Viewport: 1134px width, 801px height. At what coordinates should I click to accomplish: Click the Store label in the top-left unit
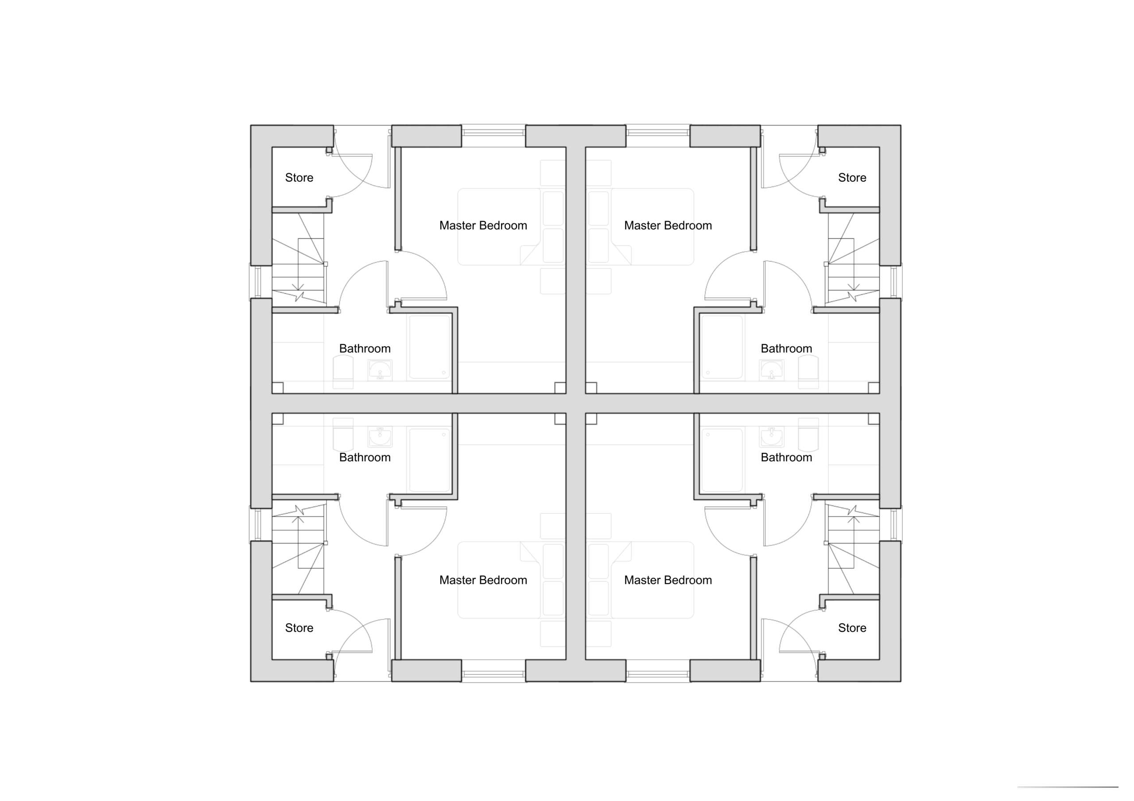click(x=299, y=178)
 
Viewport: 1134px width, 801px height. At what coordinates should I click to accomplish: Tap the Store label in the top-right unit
click(x=852, y=178)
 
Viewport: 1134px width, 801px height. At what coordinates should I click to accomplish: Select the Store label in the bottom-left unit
click(x=299, y=628)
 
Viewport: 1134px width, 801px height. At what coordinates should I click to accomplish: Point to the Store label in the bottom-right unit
click(x=852, y=628)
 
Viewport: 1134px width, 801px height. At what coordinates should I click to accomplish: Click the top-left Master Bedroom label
click(x=483, y=226)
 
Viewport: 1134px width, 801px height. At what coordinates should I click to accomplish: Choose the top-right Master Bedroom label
click(x=668, y=226)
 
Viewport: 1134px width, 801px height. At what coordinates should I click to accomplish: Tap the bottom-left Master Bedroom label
click(x=483, y=580)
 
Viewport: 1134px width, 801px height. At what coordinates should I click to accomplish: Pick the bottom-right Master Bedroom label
click(x=668, y=580)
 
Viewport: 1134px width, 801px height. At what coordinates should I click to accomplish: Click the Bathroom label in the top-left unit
click(x=365, y=349)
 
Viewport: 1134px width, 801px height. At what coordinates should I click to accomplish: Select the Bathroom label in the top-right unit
click(x=786, y=349)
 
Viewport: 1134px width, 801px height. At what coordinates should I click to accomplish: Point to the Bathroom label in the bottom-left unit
click(x=365, y=457)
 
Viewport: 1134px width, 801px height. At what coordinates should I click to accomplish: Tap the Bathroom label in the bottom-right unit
click(x=786, y=457)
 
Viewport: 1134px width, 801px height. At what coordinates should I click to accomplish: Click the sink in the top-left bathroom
click(x=380, y=370)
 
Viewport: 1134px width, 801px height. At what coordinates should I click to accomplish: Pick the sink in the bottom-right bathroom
click(x=771, y=437)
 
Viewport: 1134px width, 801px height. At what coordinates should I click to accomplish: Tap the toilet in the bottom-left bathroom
click(x=343, y=435)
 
